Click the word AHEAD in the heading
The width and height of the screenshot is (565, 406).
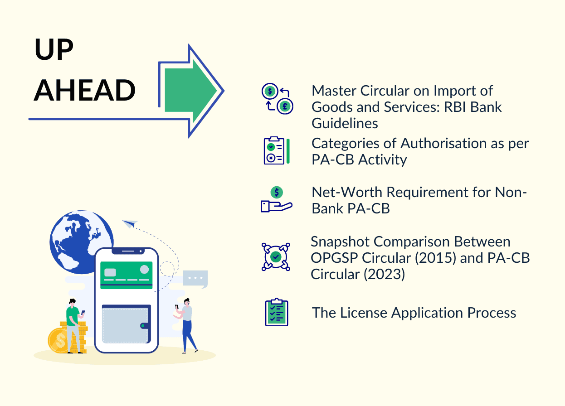[85, 90]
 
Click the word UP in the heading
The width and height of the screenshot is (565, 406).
[54, 50]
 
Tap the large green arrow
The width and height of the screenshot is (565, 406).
[190, 91]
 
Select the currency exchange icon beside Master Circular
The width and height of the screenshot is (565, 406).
[277, 98]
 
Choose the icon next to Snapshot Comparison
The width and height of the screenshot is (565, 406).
[276, 256]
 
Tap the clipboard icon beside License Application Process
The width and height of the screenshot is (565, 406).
[277, 313]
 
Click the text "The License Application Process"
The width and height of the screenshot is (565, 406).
[414, 313]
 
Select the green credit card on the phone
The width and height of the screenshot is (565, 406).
[126, 275]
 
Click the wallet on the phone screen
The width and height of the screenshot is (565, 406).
[126, 324]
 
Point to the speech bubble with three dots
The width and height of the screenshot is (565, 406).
[195, 278]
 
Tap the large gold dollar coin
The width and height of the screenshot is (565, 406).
[58, 340]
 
